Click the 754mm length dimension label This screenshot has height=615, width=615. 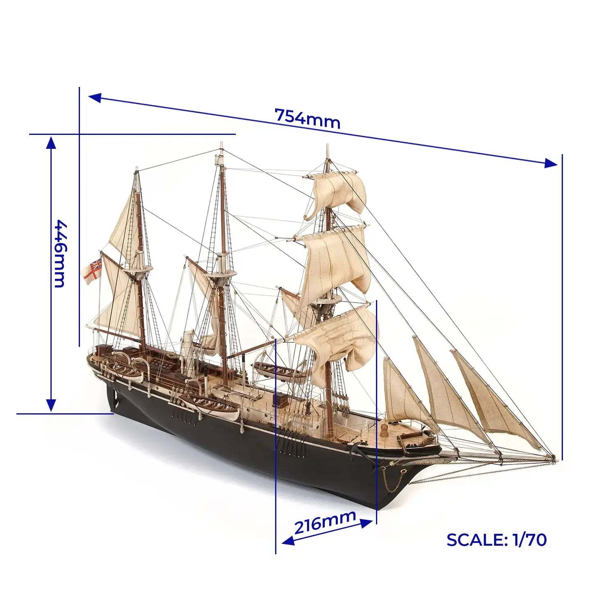pos(307,118)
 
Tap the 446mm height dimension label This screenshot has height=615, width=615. pos(60,254)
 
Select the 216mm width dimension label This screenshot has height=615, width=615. pos(325,521)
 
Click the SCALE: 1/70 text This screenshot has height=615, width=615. pos(497,540)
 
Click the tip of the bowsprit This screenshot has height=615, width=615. pos(554,458)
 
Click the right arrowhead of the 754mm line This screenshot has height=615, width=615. pos(551,163)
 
